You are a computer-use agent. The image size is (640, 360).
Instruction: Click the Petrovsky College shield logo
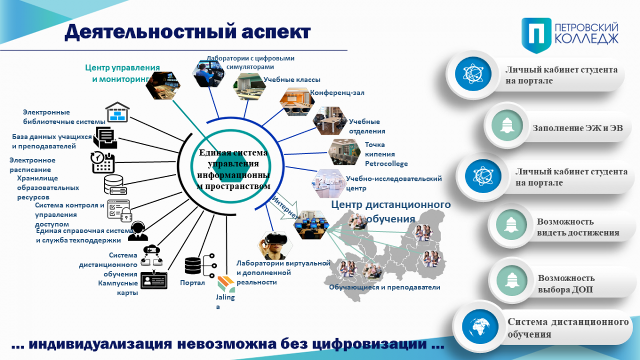tap(537, 35)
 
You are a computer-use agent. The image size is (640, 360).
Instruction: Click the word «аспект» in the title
tap(276, 31)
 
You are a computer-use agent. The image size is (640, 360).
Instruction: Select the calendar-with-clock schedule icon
tap(102, 162)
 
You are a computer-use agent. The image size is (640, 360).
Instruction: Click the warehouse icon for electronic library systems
tap(117, 112)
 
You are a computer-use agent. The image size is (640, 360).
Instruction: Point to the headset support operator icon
tap(138, 231)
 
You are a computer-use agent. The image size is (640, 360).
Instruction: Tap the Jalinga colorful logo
tap(226, 284)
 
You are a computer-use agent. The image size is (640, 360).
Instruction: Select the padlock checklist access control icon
tap(119, 211)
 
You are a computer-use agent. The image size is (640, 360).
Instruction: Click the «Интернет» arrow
tap(284, 207)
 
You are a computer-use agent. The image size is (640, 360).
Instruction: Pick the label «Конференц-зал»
tap(337, 93)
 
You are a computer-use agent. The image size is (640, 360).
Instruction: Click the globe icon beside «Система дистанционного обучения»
tap(480, 326)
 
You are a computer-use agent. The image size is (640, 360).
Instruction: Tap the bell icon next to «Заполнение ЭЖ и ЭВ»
tap(507, 125)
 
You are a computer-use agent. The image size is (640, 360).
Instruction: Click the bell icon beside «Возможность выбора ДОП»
tap(511, 281)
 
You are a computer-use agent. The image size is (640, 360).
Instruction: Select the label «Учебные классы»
tap(292, 79)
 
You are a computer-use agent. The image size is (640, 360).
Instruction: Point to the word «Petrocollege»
tap(386, 164)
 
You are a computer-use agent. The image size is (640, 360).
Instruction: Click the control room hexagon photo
tap(163, 85)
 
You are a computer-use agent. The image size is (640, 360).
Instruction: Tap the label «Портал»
tap(193, 283)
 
